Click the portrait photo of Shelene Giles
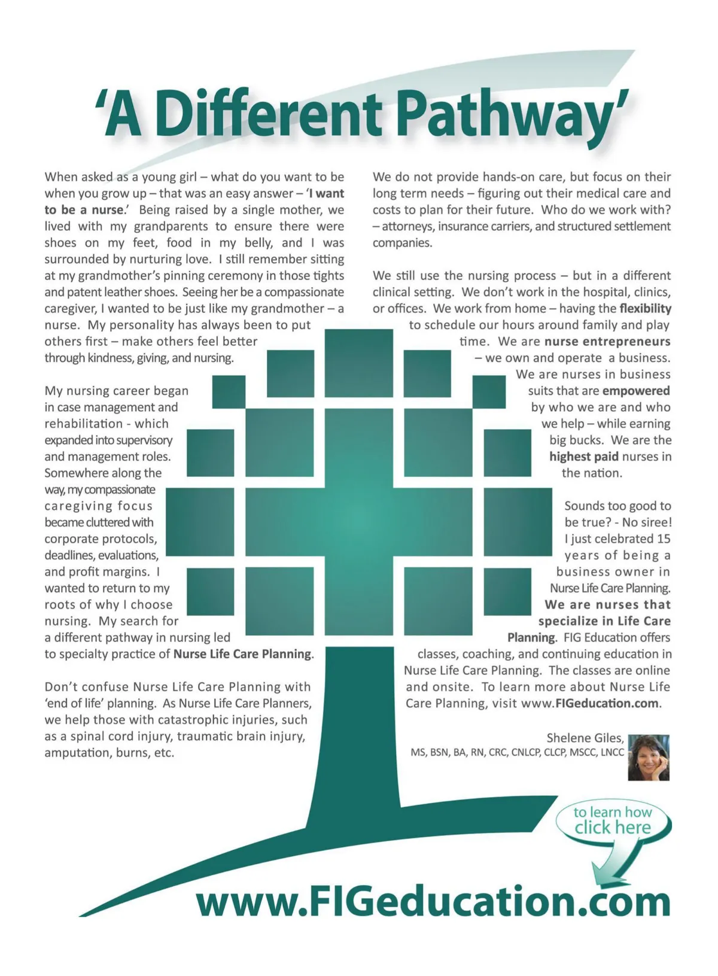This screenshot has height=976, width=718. coord(649,758)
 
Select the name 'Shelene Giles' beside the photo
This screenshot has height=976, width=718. coord(585,738)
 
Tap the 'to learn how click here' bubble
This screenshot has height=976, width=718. coord(612,820)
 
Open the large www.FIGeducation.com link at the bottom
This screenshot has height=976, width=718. coord(433,901)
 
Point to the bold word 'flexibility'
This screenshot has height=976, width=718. coord(645,309)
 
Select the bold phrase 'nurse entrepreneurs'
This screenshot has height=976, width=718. coord(607,342)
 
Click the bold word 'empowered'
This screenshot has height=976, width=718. coord(635,391)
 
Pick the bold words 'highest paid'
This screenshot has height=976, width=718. coord(583,457)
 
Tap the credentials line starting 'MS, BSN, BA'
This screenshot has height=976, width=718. coord(517,753)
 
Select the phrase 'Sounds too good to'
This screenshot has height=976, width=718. coord(617,506)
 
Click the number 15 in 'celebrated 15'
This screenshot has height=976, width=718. coord(663,539)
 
